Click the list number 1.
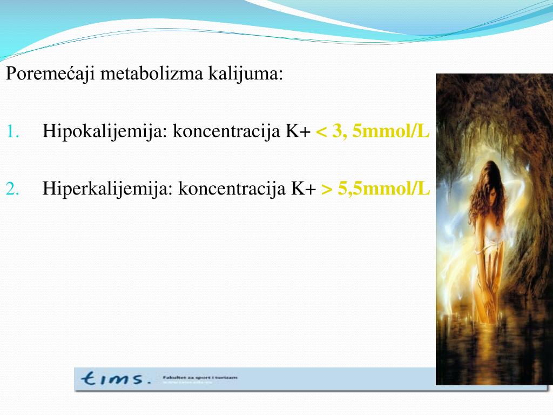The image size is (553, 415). click(x=15, y=131)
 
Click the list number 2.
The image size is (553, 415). click(x=15, y=189)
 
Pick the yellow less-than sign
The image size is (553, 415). click(x=321, y=132)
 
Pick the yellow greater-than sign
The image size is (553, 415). click(x=327, y=189)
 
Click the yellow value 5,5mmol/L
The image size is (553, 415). click(x=385, y=189)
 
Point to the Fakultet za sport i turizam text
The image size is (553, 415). click(x=199, y=377)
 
